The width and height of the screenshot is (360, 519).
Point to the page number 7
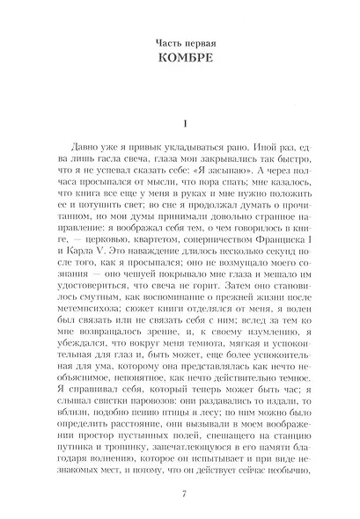click(x=180, y=490)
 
